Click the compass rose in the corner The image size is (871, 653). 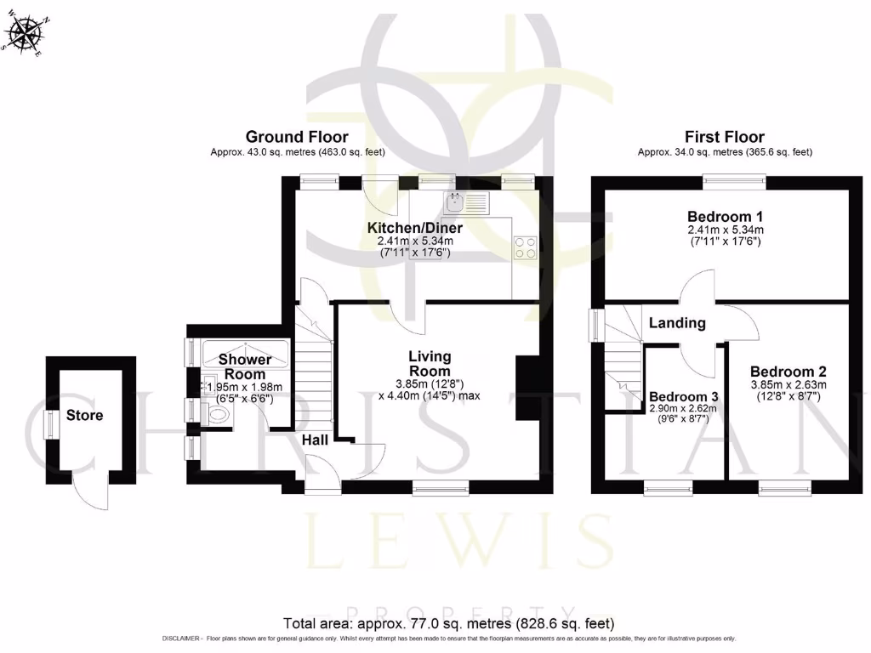click(x=23, y=35)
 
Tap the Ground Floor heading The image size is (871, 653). click(x=297, y=137)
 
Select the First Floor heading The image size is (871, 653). click(x=725, y=137)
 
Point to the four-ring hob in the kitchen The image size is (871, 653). click(x=525, y=247)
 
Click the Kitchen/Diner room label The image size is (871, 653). click(x=415, y=229)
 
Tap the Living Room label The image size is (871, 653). click(x=430, y=364)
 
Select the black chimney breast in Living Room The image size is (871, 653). click(x=527, y=388)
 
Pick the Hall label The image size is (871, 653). click(x=316, y=440)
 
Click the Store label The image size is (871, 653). click(x=85, y=416)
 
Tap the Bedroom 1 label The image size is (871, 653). click(x=726, y=215)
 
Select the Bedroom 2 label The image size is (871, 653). click(x=788, y=372)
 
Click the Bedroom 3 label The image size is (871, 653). click(x=684, y=397)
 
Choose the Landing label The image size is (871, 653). click(x=677, y=323)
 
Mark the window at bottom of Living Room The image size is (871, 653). click(x=441, y=486)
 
